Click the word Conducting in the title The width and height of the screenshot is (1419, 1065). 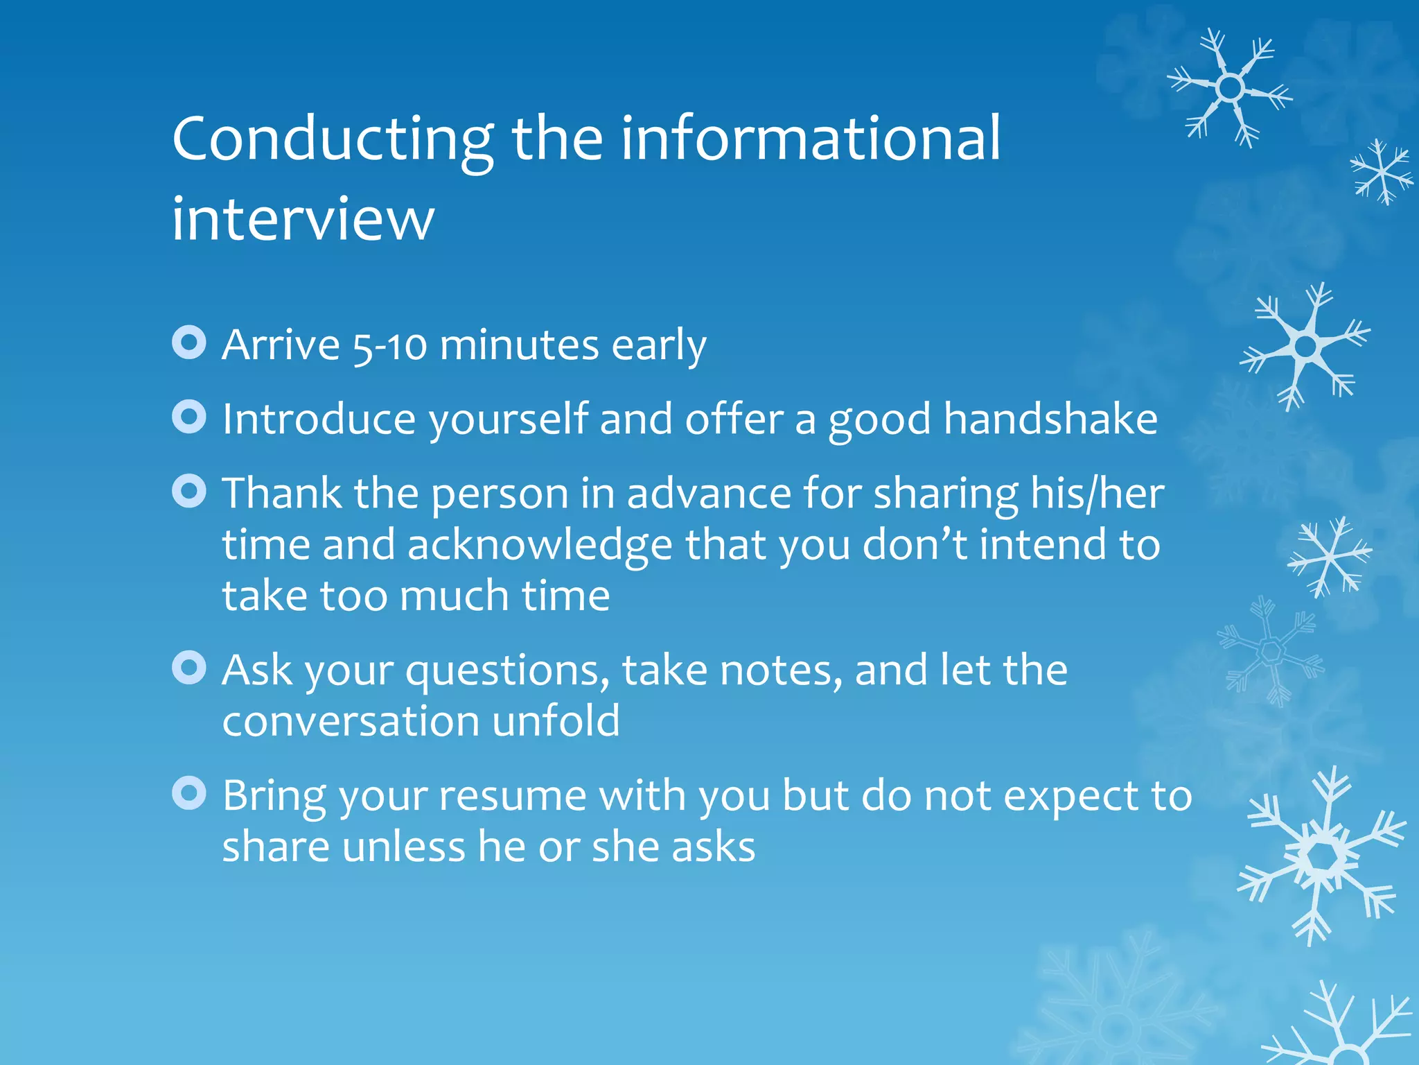click(333, 140)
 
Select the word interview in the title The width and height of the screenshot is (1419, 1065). click(303, 219)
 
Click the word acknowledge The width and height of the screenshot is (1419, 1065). click(539, 546)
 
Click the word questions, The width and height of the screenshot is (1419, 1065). click(507, 671)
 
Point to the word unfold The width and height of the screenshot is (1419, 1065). click(556, 721)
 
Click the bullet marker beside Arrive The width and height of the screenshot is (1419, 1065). click(189, 343)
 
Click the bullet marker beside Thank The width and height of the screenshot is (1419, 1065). click(189, 491)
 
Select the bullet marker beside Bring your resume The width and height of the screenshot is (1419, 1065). click(189, 793)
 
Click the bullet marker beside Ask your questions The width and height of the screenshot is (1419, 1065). click(189, 668)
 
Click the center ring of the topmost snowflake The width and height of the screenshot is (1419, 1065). click(1230, 88)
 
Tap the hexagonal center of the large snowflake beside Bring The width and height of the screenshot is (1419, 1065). click(1322, 857)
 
